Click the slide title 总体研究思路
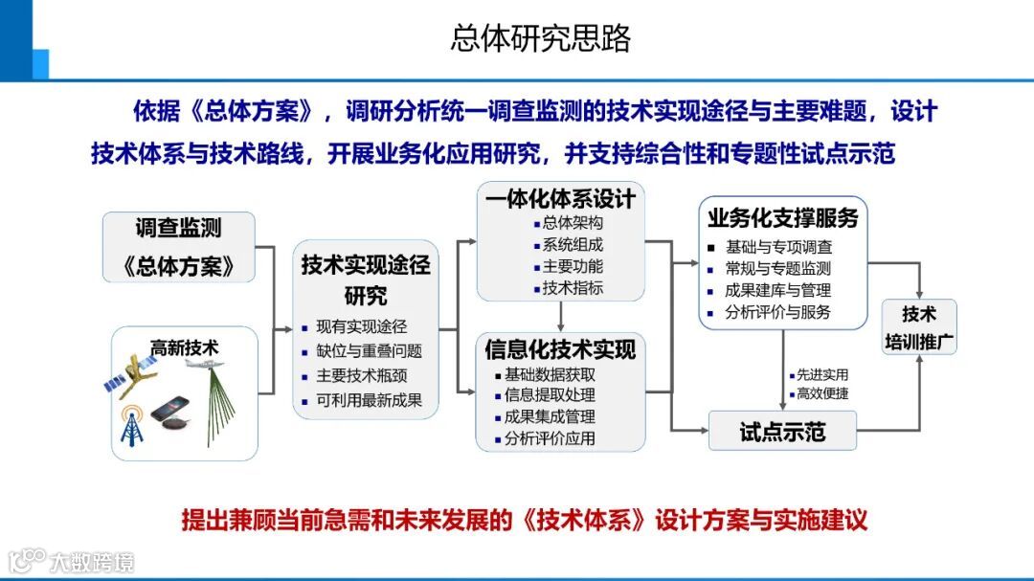pos(541,38)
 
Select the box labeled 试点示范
pos(782,431)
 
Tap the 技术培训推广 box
pos(919,327)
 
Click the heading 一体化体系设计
pos(560,198)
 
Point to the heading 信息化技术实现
pos(560,349)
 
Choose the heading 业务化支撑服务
pos(782,216)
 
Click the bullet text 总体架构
pos(573,222)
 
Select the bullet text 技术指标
pos(573,288)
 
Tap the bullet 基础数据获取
pos(550,374)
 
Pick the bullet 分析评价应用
pos(550,439)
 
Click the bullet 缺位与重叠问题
pos(369,350)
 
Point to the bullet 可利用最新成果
pos(369,400)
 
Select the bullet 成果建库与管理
pos(777,290)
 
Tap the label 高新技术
pos(184,347)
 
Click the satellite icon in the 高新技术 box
pos(136,373)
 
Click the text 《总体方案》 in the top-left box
pos(179,265)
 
